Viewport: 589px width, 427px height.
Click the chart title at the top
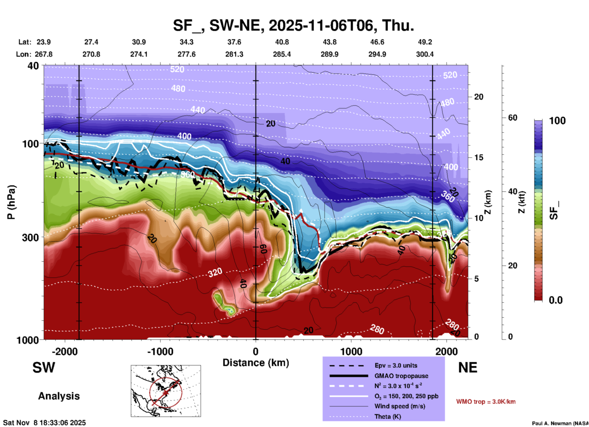[x=293, y=25]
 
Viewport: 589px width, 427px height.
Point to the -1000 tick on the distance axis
[x=160, y=351]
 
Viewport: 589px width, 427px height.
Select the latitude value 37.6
[x=234, y=42]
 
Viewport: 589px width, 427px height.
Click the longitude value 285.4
[x=282, y=54]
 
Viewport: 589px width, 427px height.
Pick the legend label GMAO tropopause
[x=401, y=376]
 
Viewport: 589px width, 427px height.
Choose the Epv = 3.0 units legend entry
[x=396, y=365]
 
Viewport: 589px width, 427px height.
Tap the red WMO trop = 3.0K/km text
[x=486, y=401]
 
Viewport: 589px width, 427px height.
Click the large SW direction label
[x=44, y=368]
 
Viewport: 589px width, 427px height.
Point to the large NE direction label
[x=468, y=368]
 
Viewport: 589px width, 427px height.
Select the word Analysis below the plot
[x=59, y=396]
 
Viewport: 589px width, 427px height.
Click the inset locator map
[x=166, y=391]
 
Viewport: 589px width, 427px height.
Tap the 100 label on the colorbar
[x=557, y=121]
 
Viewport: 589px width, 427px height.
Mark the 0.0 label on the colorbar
[x=555, y=300]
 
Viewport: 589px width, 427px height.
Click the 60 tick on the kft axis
[x=512, y=118]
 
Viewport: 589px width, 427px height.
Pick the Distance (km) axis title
[x=256, y=363]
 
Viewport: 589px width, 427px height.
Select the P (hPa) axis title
[x=11, y=202]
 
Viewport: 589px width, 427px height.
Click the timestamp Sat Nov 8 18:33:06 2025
[x=44, y=423]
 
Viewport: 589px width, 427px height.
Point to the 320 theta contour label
[x=215, y=272]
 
